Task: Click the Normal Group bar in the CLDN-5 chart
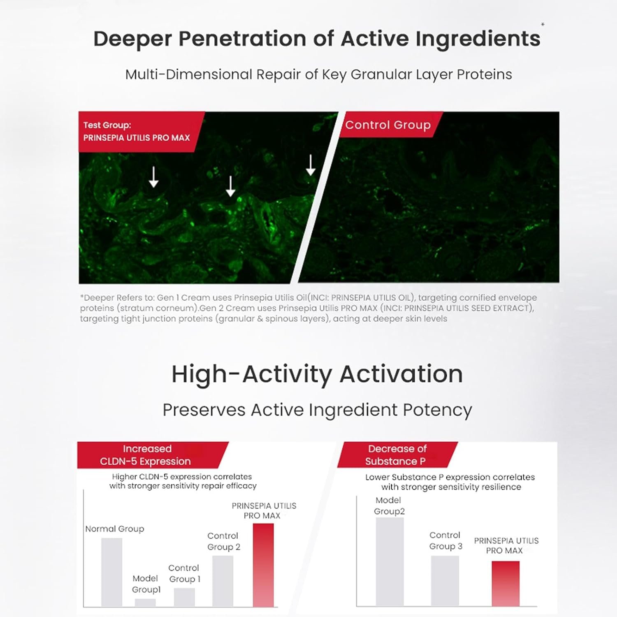pyautogui.click(x=111, y=572)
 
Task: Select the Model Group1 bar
pyautogui.click(x=145, y=603)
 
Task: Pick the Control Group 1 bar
pyautogui.click(x=184, y=597)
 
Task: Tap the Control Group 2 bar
pyautogui.click(x=223, y=581)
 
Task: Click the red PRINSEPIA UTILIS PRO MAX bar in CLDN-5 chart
pyautogui.click(x=263, y=565)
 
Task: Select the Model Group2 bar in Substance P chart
pyautogui.click(x=390, y=562)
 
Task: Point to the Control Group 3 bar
pyautogui.click(x=445, y=581)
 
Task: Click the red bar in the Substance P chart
pyautogui.click(x=506, y=584)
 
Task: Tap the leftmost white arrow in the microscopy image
pyautogui.click(x=153, y=177)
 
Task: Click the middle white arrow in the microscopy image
pyautogui.click(x=231, y=186)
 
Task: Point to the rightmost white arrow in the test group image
pyautogui.click(x=311, y=165)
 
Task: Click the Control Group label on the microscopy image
pyautogui.click(x=388, y=125)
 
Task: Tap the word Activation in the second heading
pyautogui.click(x=401, y=374)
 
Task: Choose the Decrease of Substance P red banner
pyautogui.click(x=397, y=455)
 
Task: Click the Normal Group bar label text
pyautogui.click(x=115, y=529)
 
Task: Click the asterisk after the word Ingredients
pyautogui.click(x=543, y=25)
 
